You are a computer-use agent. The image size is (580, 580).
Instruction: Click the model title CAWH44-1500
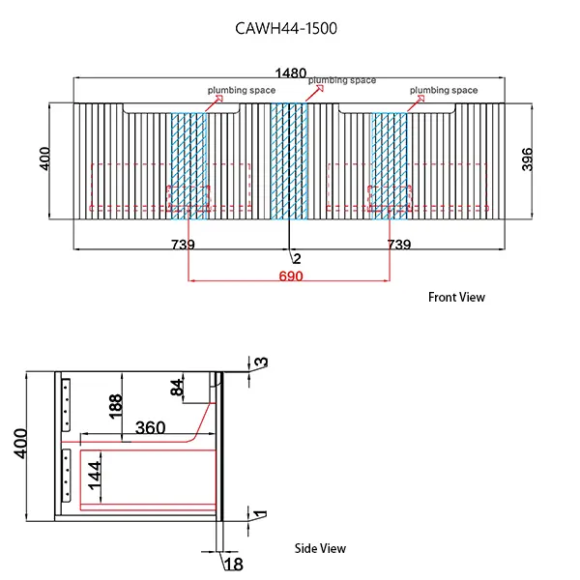(286, 28)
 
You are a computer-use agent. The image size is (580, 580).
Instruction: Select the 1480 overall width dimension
(290, 73)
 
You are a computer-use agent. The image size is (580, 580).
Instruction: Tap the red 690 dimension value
(291, 277)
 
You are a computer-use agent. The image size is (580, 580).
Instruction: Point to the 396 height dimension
(527, 159)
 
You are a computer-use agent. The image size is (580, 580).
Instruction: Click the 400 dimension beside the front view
(44, 159)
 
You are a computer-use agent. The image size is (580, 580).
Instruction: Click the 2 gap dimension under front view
(297, 258)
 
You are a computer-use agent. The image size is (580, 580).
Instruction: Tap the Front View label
(456, 298)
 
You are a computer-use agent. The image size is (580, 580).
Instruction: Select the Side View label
(320, 548)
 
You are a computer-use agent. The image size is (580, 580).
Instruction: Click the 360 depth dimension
(150, 427)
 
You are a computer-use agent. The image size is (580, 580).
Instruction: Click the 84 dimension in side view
(176, 389)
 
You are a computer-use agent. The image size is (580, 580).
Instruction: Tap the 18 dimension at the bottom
(232, 564)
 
